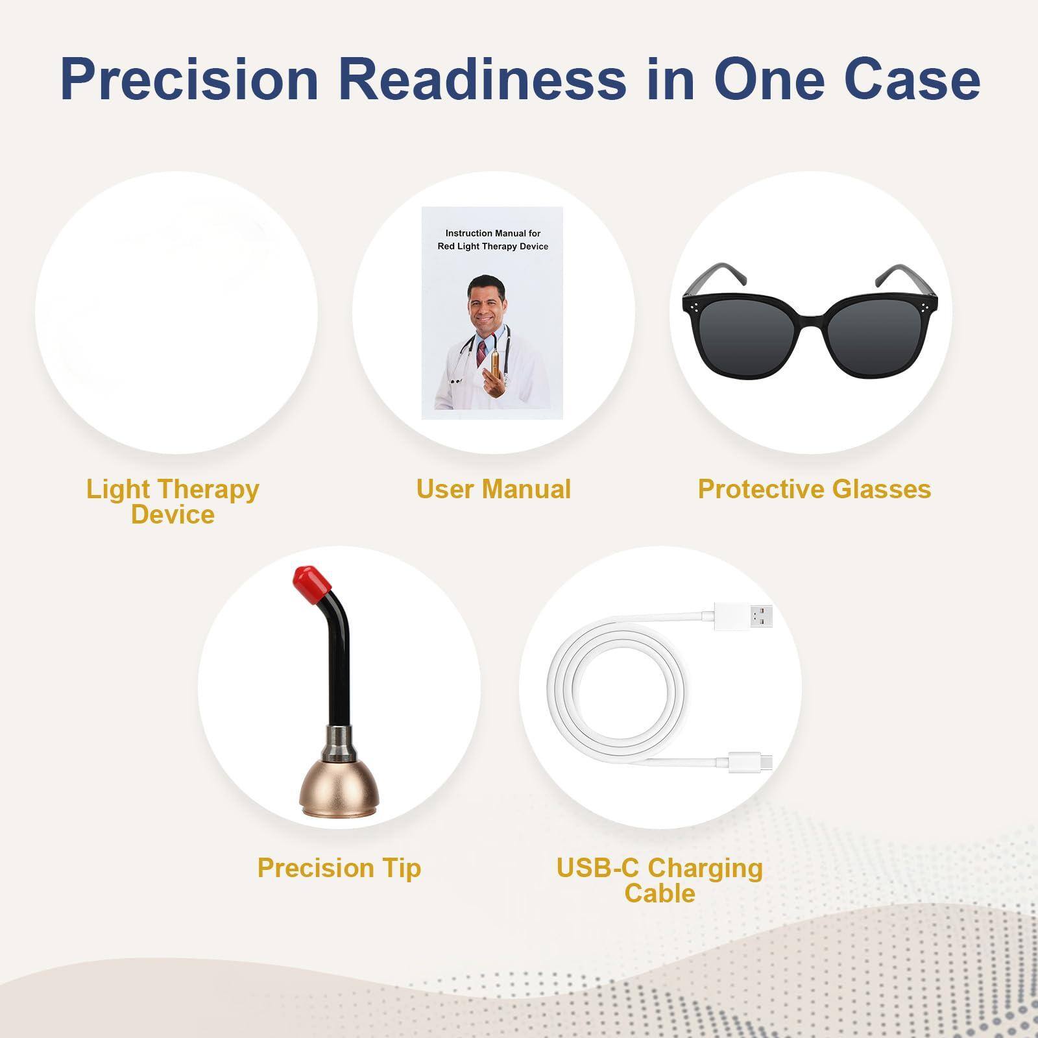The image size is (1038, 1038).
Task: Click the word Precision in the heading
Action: point(189,79)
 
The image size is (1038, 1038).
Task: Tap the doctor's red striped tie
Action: point(481,354)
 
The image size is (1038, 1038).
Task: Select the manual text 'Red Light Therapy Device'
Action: point(492,247)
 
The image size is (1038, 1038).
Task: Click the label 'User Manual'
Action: point(493,489)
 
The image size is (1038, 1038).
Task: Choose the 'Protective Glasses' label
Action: point(814,489)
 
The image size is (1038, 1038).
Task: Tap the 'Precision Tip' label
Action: point(339,868)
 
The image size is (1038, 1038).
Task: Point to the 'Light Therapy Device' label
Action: point(173,501)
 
